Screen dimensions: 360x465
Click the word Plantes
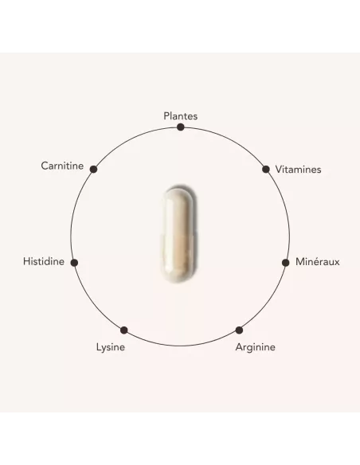pos(180,116)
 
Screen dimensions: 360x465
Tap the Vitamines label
pos(298,170)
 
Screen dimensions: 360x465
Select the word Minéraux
pos(317,261)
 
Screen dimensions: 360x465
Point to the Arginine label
pos(255,347)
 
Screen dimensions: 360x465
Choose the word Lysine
pos(111,347)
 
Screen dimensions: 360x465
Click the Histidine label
pos(44,261)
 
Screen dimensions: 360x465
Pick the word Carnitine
pos(62,166)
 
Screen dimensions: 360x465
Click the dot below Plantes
pos(180,127)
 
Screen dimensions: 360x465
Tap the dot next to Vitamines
pos(266,170)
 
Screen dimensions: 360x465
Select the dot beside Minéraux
pos(285,263)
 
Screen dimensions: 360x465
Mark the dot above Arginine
pos(239,330)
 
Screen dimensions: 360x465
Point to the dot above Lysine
pos(124,330)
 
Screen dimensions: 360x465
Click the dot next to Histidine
pos(74,263)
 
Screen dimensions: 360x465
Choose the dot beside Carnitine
pos(93,170)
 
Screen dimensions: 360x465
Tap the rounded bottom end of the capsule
pos(178,276)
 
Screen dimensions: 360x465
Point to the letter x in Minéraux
pos(337,263)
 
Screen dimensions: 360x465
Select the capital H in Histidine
pos(26,261)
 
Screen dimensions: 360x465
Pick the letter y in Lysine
pos(104,349)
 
